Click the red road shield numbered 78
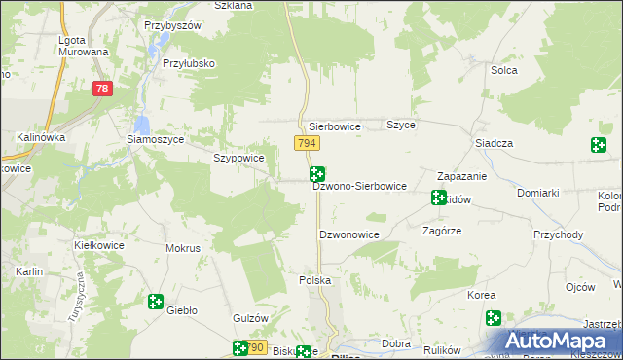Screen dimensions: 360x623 coord(101,89)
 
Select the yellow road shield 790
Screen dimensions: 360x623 coord(255,347)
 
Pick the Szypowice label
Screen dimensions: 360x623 coord(238,158)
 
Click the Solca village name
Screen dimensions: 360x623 coord(503,70)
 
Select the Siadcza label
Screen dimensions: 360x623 coord(494,143)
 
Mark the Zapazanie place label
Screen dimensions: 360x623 coord(461,177)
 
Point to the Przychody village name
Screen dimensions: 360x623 coord(558,234)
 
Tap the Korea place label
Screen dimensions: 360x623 coord(482,295)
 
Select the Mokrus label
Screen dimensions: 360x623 coord(183,248)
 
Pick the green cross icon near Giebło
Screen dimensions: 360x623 coord(155,303)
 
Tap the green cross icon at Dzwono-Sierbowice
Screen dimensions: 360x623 coord(316,174)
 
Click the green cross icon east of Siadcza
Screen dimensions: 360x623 coord(599,146)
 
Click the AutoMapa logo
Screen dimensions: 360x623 coord(560,342)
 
